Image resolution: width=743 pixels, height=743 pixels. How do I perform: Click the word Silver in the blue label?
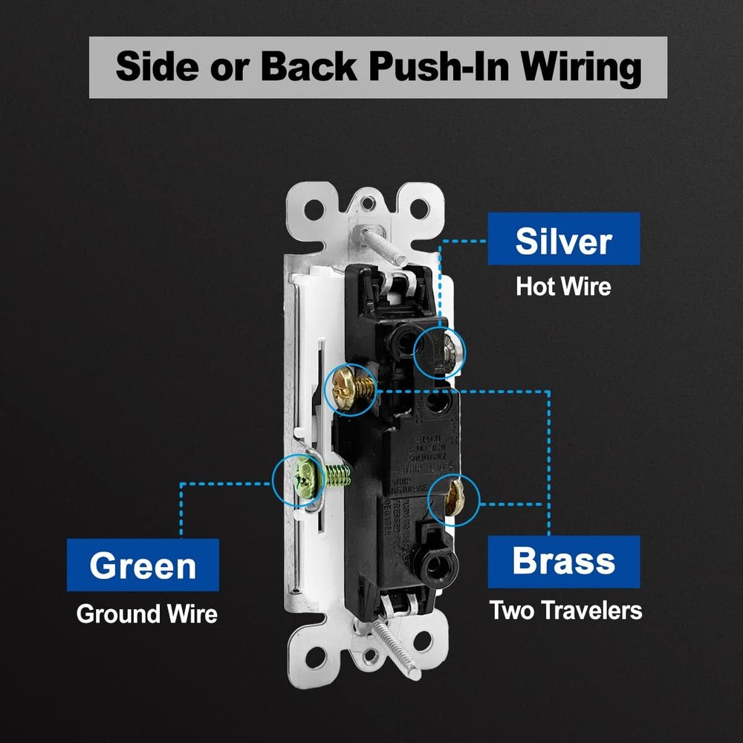(563, 241)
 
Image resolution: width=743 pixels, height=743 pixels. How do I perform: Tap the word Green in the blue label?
(143, 565)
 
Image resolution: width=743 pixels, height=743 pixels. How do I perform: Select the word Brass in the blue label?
(563, 561)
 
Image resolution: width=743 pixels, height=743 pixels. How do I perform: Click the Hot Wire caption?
(563, 287)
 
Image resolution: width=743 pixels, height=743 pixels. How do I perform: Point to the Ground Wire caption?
(147, 614)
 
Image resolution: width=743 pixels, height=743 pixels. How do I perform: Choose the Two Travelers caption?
(565, 610)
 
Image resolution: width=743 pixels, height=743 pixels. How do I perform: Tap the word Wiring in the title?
(580, 67)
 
